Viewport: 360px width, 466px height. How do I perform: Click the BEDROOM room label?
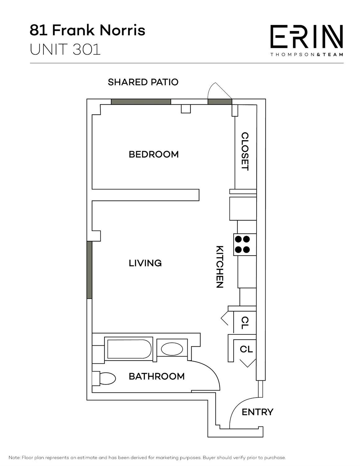click(154, 155)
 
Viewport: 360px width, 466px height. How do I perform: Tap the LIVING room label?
click(145, 263)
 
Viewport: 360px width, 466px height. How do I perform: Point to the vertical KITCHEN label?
click(220, 266)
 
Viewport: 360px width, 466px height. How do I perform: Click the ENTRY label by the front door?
click(257, 412)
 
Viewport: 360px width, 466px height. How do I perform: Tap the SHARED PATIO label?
click(143, 82)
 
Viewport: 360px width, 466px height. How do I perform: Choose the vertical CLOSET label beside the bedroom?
click(245, 151)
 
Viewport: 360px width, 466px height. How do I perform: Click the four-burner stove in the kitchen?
click(245, 244)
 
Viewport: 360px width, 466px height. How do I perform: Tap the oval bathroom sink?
click(172, 349)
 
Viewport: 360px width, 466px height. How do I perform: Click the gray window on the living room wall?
click(89, 270)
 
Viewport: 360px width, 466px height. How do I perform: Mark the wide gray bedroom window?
click(141, 102)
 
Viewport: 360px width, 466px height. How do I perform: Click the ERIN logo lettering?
click(307, 36)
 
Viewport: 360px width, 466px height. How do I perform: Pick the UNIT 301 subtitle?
click(65, 49)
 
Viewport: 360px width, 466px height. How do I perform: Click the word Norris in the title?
click(122, 30)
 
